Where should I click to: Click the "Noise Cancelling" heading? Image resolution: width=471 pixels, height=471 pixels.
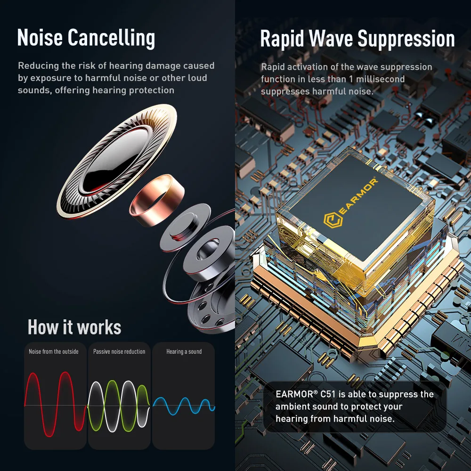point(86,38)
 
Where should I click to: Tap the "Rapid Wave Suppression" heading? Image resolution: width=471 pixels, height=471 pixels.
point(357,39)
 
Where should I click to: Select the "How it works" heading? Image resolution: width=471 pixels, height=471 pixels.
point(74,327)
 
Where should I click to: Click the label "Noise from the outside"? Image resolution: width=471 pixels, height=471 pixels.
point(54,352)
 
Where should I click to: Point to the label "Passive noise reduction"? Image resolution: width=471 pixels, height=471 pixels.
point(119,352)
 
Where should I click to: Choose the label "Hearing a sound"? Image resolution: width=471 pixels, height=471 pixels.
point(184,352)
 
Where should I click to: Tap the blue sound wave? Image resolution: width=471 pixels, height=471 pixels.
point(184,406)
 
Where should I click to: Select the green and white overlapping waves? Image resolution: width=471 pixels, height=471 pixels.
point(119,406)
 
